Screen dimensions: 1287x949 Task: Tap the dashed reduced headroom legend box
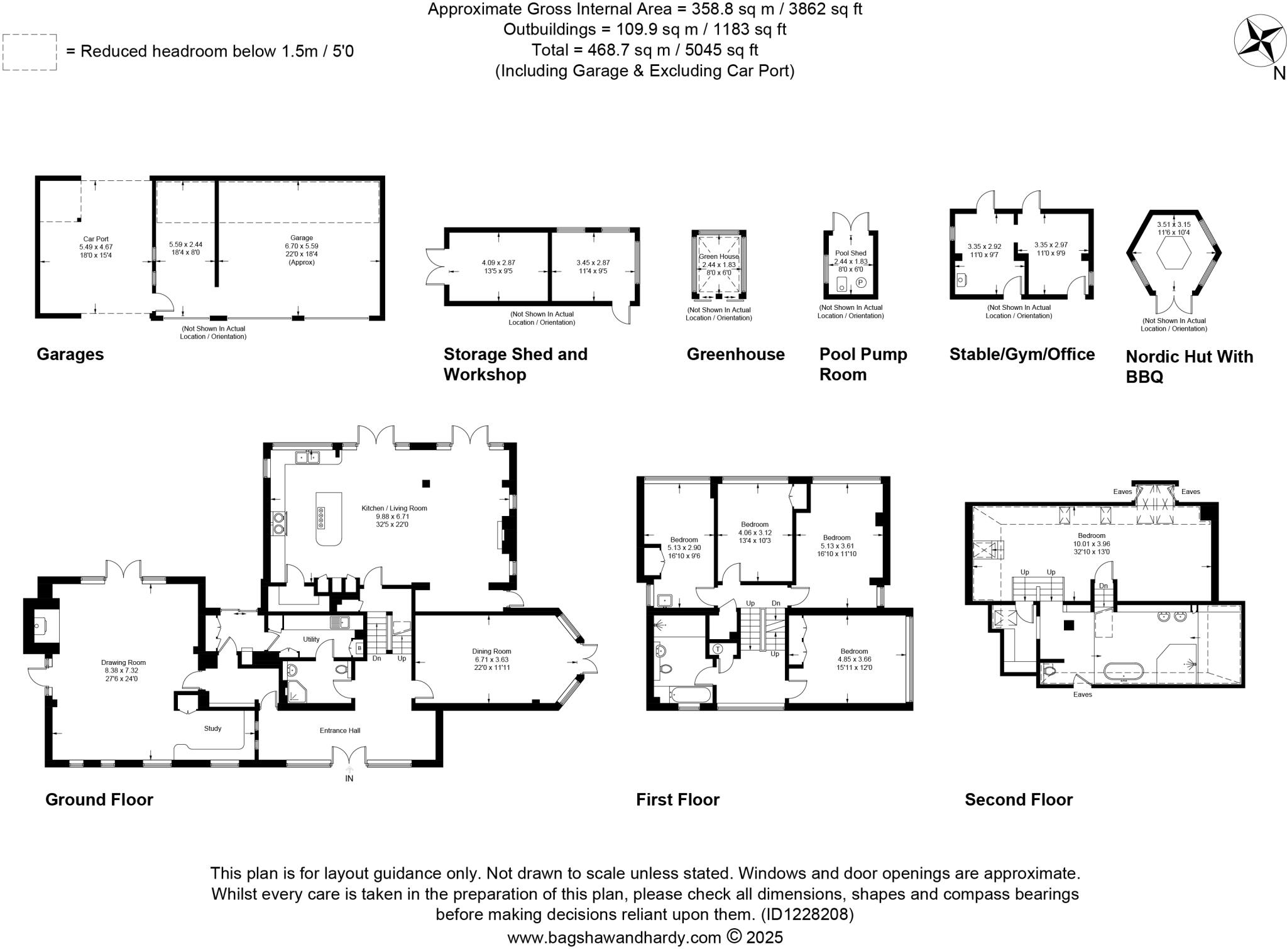point(30,52)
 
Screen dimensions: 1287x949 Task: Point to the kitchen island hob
point(321,518)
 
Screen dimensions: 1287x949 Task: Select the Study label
point(212,728)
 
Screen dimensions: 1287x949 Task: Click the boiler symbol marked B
point(359,648)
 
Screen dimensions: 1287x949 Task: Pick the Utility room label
point(311,639)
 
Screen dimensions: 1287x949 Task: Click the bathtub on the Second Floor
point(1127,672)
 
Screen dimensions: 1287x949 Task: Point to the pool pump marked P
point(861,283)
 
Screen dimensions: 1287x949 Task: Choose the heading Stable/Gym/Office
point(1022,354)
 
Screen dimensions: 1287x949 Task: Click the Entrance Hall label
point(339,730)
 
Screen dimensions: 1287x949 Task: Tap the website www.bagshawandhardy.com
point(613,938)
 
